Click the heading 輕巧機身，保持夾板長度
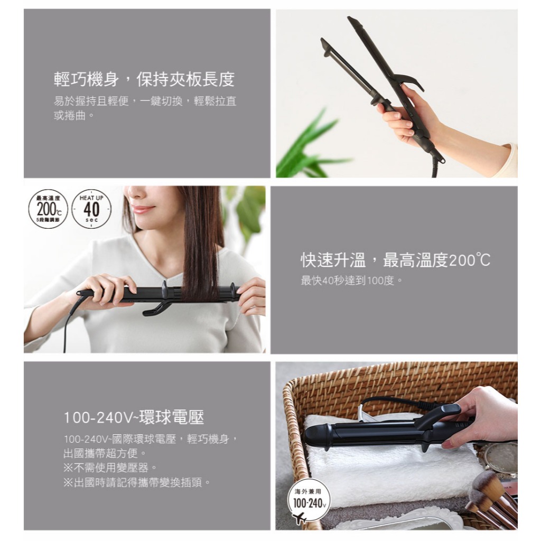point(144,80)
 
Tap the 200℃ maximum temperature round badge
point(48,209)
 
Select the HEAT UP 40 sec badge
point(91,209)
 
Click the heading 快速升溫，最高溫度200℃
point(395,260)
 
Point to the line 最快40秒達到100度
point(351,281)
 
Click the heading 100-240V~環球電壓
point(134,417)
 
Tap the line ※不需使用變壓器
point(110,468)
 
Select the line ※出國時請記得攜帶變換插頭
point(137,482)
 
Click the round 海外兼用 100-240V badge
point(309,499)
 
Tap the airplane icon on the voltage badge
point(299,518)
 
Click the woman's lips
point(143,209)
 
